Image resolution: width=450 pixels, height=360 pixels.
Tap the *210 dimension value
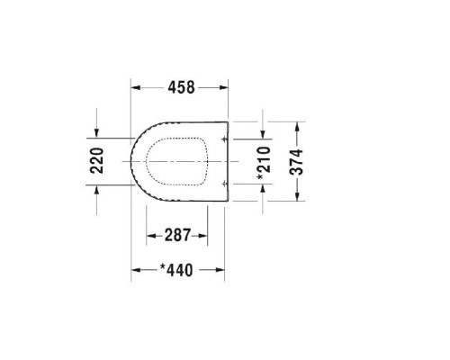coord(262,163)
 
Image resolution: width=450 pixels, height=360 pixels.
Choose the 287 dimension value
coord(178,235)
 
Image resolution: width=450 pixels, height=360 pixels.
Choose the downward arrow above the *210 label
coord(262,135)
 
